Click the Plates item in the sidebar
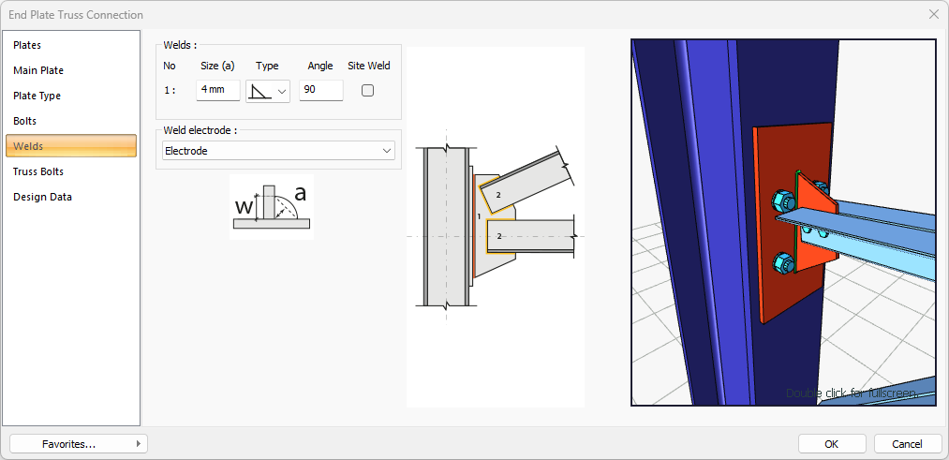pos(27,45)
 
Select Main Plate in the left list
pos(38,71)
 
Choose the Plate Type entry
pos(37,96)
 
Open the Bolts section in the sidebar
pos(24,121)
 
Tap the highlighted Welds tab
pos(71,146)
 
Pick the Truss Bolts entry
pos(38,171)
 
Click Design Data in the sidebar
pos(42,197)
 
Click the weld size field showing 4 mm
pos(218,90)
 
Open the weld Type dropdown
pos(268,91)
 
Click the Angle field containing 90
pos(320,90)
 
